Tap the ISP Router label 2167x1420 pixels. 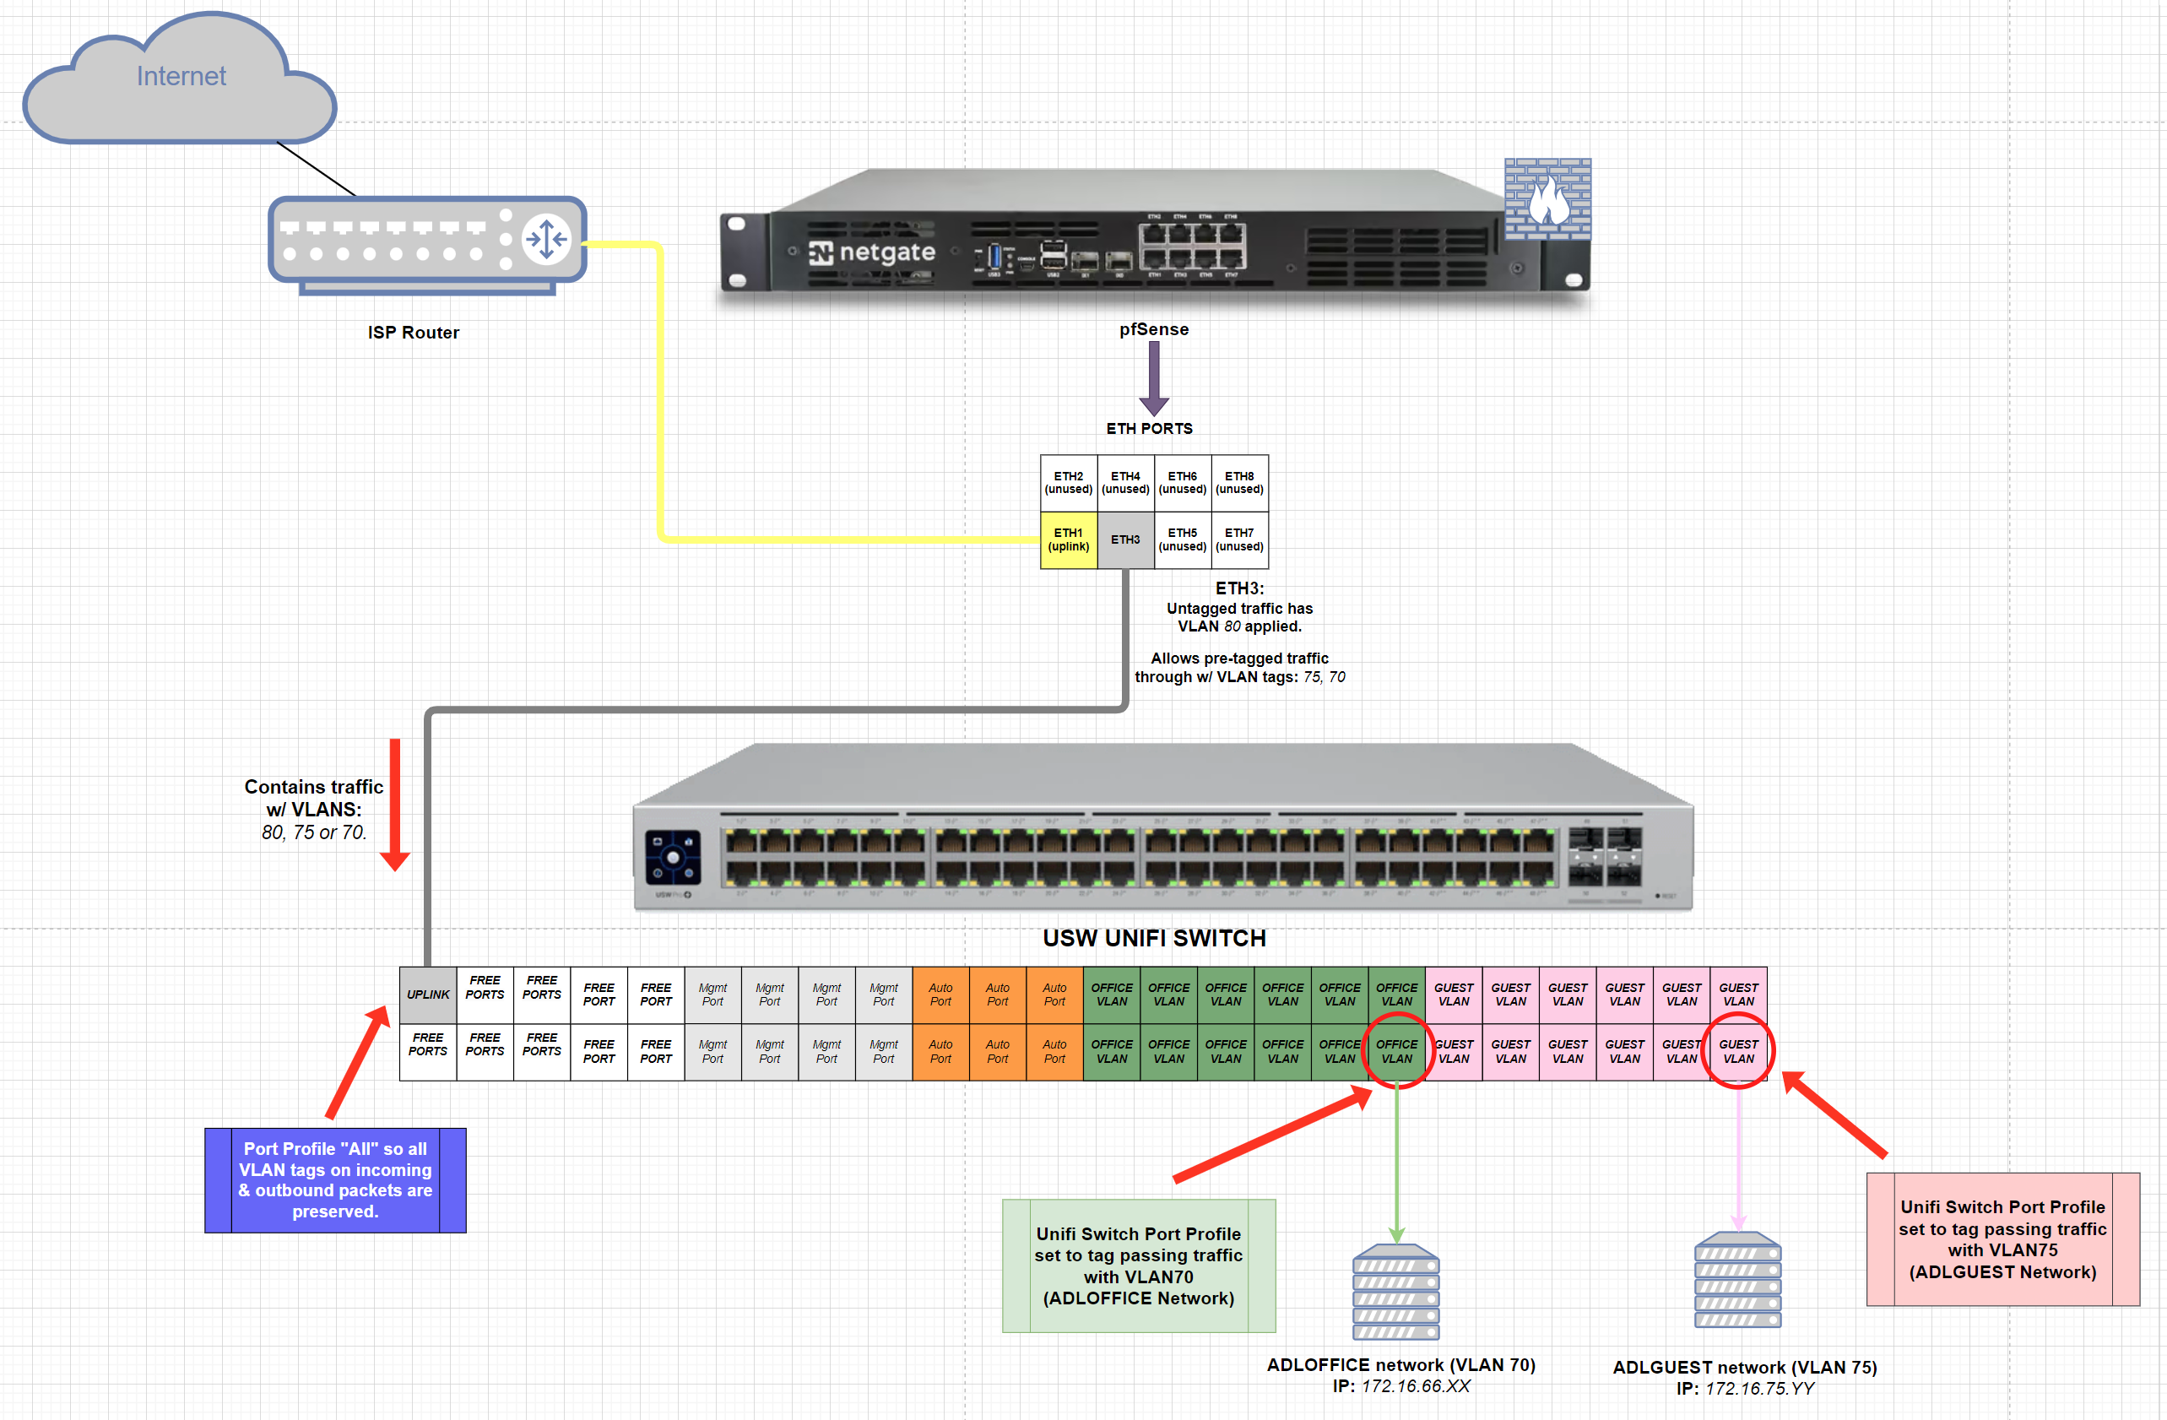point(414,333)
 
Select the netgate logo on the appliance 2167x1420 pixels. point(871,252)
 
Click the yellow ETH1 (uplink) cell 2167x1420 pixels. point(1068,540)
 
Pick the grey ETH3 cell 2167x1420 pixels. point(1125,540)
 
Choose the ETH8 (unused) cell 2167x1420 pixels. point(1239,483)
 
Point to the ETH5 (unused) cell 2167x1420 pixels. point(1182,540)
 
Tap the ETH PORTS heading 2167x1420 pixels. point(1149,428)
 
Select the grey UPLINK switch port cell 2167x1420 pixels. point(428,995)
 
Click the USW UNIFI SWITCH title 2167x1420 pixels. point(1154,938)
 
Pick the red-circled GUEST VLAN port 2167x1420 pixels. point(1738,1052)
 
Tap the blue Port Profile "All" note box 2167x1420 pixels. point(335,1180)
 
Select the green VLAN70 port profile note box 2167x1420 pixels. point(1138,1266)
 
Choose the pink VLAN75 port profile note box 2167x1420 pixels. point(2002,1239)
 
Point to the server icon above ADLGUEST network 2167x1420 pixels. point(1737,1281)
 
